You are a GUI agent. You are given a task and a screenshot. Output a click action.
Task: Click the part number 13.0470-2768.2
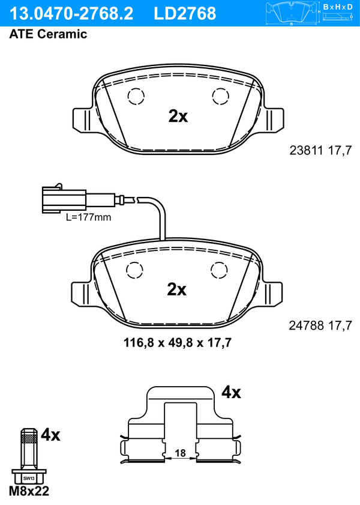tap(71, 14)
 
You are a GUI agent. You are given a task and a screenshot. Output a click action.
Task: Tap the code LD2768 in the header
tap(185, 14)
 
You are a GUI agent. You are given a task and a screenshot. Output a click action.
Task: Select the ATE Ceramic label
tap(48, 34)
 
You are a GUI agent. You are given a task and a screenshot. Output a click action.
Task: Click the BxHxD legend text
tap(338, 7)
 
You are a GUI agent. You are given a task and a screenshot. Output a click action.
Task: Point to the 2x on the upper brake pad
tap(178, 116)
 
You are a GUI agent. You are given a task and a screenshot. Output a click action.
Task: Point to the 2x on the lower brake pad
tap(176, 289)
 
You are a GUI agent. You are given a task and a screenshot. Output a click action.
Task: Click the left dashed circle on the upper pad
tap(136, 96)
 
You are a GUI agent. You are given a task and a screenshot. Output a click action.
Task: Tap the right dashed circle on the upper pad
tap(220, 96)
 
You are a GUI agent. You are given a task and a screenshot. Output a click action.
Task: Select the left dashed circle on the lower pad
tap(134, 270)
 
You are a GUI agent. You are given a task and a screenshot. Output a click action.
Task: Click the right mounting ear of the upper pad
tap(274, 120)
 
